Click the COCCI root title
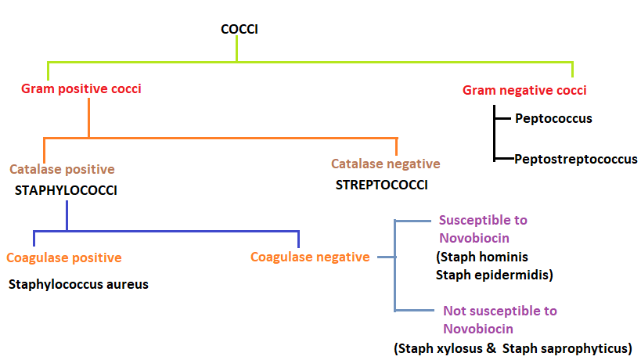[239, 30]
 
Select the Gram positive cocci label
[81, 88]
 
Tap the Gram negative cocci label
[524, 90]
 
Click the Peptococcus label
[553, 119]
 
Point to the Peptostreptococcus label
[575, 159]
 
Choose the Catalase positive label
[62, 169]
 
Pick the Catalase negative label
[385, 164]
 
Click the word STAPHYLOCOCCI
[66, 189]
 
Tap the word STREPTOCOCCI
[382, 185]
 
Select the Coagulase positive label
[64, 257]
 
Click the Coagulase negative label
[310, 257]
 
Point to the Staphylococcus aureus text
[78, 284]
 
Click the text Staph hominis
[482, 257]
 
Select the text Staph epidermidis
[493, 275]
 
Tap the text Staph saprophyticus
[567, 348]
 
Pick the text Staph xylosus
[442, 348]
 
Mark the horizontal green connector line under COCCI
[313, 62]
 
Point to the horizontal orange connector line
[219, 138]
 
